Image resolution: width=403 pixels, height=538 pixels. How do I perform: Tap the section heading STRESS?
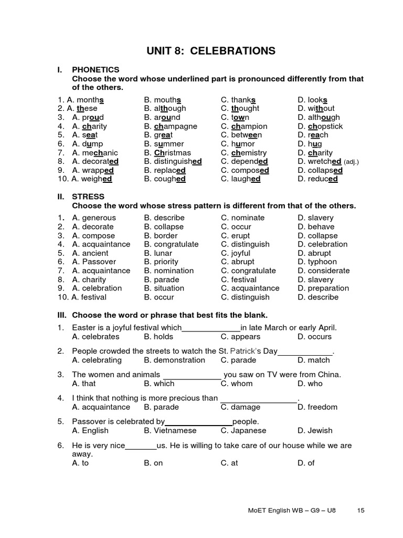click(x=88, y=196)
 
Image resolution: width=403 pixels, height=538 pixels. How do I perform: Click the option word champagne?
click(x=176, y=126)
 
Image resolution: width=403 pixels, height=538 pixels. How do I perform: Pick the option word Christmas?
click(x=173, y=153)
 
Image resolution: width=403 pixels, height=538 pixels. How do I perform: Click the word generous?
click(x=99, y=218)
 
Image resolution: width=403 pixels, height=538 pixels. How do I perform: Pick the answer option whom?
click(x=242, y=384)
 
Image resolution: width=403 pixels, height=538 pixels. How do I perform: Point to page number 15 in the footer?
click(x=360, y=510)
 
